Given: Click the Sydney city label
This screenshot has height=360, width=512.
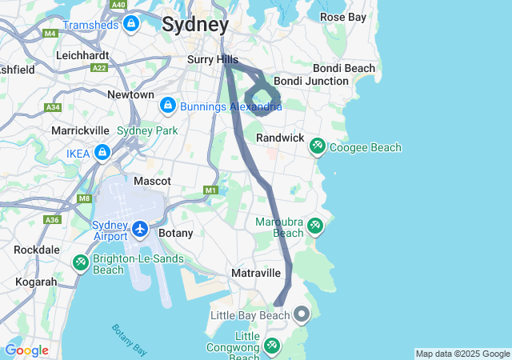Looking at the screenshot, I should (x=195, y=24).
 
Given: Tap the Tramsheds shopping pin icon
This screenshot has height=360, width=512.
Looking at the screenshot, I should (x=132, y=24).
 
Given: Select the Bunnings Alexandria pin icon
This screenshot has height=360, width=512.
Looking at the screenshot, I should (x=168, y=105).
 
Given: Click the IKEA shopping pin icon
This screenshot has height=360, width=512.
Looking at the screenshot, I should (x=102, y=152).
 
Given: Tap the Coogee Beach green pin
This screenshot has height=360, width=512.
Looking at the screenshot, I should (x=318, y=146).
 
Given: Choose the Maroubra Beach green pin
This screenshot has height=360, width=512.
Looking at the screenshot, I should (x=315, y=226).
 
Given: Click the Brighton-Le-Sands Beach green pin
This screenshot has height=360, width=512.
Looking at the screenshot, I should (x=80, y=262).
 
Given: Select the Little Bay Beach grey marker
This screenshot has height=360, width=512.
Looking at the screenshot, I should (x=302, y=314).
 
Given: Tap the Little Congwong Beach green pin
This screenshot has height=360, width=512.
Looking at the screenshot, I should (x=272, y=346).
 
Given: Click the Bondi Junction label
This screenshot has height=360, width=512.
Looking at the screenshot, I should (x=311, y=81).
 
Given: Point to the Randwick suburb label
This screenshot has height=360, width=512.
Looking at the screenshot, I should (x=280, y=138).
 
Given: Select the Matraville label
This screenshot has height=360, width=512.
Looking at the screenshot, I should (x=256, y=273).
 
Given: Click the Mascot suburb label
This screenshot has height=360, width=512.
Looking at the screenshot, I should (x=152, y=181).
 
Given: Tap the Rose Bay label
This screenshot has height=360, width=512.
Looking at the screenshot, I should (x=343, y=16).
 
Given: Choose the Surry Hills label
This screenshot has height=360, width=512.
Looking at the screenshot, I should (x=213, y=59).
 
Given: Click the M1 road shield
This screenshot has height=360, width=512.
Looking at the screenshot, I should (x=211, y=190).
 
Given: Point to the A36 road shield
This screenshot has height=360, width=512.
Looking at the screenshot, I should (x=52, y=219).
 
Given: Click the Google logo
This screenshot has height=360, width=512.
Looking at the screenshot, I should (x=26, y=350).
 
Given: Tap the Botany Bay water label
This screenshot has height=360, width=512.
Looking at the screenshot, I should (x=128, y=338).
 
